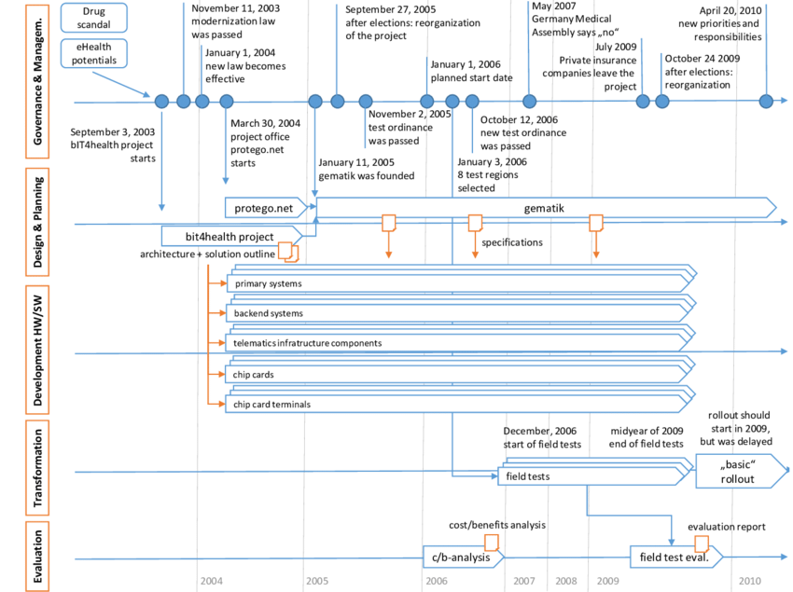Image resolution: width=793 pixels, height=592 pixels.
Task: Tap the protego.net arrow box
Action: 267,207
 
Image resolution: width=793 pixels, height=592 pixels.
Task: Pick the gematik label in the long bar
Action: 546,207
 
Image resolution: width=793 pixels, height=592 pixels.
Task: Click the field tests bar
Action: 588,475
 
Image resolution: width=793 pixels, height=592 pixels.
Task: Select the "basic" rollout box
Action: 736,473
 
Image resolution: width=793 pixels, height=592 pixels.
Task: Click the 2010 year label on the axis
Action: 749,581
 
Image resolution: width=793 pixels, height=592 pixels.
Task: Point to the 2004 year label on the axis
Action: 211,581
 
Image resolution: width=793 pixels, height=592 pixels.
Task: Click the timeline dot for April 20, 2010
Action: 766,102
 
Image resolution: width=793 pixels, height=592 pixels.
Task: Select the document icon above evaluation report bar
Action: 702,544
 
